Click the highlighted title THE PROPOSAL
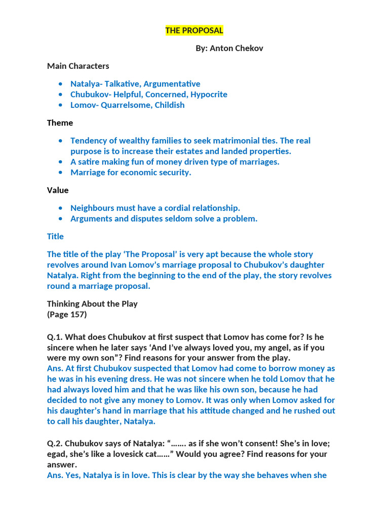tap(194, 30)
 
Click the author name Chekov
tap(249, 48)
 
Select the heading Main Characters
tap(78, 66)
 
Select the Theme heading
tap(60, 122)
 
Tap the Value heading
tap(58, 190)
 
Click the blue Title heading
tap(55, 236)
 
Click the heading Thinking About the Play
tap(92, 304)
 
